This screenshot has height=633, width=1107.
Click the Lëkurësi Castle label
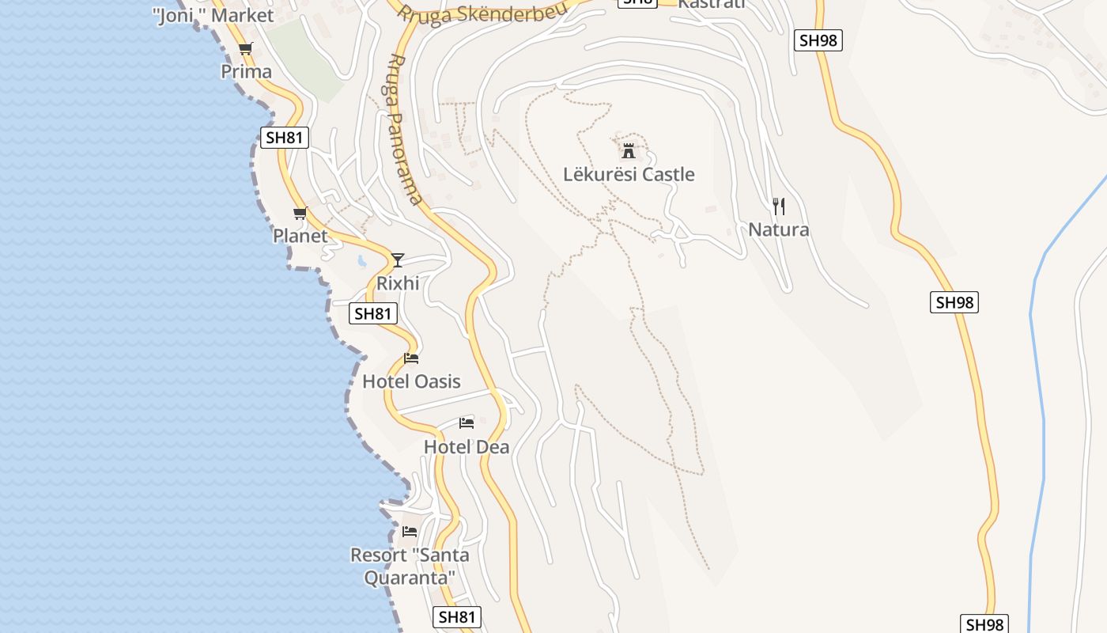(629, 174)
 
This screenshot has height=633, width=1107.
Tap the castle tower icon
(629, 150)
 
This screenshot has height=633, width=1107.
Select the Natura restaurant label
(779, 229)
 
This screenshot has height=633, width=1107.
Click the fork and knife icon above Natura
(779, 207)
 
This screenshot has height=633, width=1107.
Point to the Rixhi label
(398, 283)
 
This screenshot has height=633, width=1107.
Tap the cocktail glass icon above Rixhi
(398, 260)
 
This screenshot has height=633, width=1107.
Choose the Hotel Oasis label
(411, 381)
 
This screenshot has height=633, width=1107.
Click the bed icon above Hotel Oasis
(410, 358)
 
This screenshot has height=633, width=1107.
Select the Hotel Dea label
(467, 447)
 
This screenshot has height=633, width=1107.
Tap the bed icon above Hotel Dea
(467, 423)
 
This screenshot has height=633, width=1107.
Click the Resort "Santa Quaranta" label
(410, 566)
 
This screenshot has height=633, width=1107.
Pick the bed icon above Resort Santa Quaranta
(410, 532)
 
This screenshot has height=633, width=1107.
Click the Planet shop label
(300, 236)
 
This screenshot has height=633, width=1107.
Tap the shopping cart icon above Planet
(300, 213)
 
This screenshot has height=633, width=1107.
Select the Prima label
(246, 71)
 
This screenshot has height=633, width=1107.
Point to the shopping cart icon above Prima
(246, 49)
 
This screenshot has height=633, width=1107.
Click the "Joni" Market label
(213, 15)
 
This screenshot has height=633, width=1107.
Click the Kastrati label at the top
(712, 4)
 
